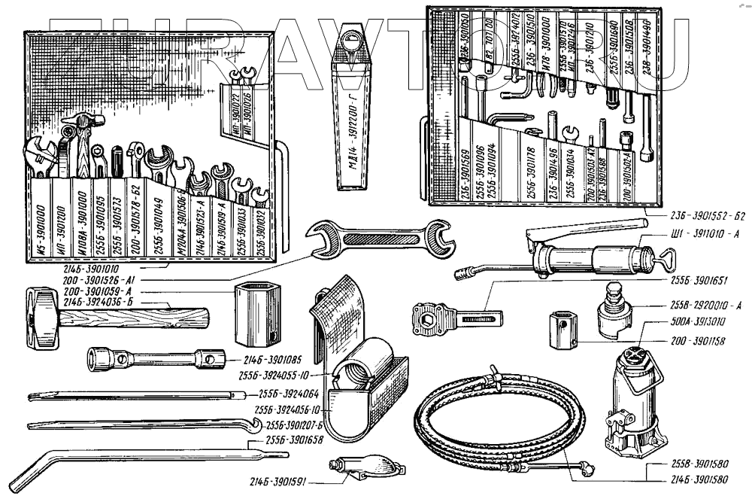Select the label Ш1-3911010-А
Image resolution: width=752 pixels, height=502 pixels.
705,235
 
